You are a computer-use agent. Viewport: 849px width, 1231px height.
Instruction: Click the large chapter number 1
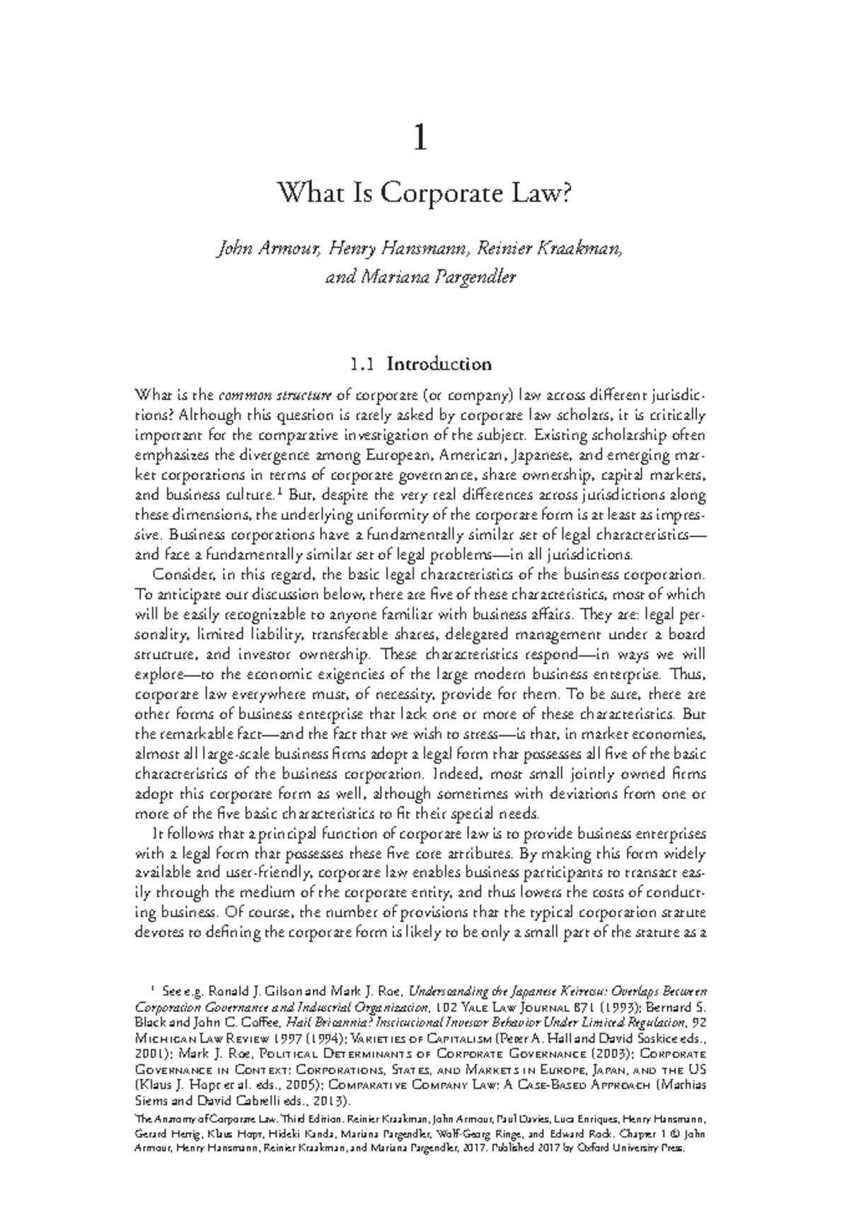tap(420, 139)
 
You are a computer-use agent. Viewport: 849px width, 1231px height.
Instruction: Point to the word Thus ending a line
tap(688, 674)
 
